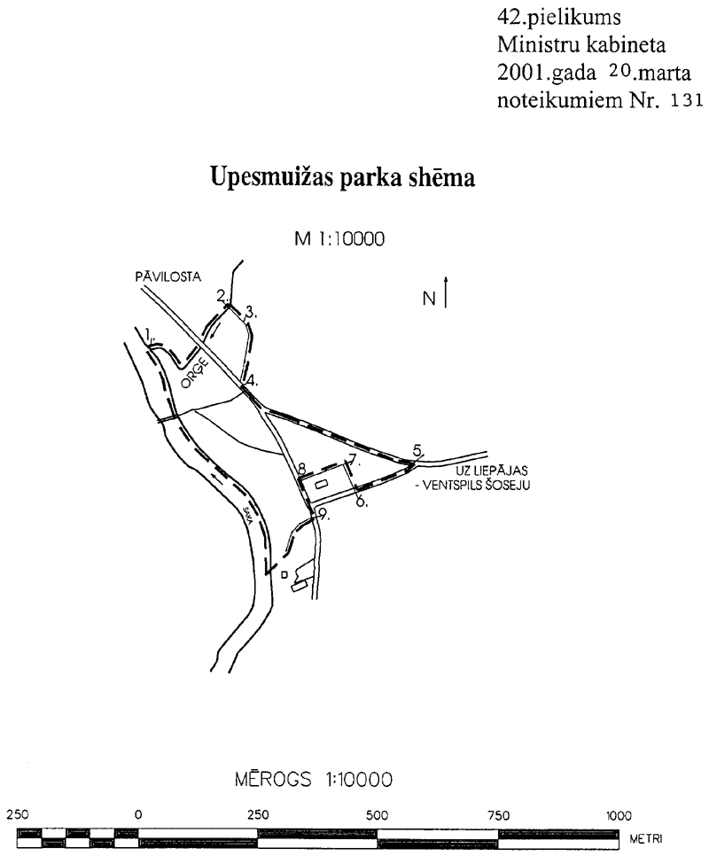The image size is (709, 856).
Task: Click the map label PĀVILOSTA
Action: pos(168,276)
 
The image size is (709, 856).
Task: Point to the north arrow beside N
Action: pos(446,292)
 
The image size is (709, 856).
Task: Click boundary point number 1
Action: pos(149,334)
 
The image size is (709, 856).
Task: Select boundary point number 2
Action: pos(221,296)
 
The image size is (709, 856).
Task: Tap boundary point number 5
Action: pos(418,451)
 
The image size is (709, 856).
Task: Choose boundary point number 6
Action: pos(362,501)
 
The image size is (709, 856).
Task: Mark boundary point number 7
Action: pos(354,459)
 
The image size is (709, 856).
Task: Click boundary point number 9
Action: pos(324,514)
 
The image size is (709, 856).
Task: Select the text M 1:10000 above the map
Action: pos(339,238)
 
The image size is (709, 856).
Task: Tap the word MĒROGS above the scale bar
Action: pos(273,779)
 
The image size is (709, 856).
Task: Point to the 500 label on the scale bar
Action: pos(378,815)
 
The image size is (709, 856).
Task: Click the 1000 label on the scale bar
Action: pos(619,815)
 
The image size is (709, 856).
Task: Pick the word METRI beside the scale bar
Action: pos(646,839)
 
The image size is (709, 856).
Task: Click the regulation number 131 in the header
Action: pos(687,101)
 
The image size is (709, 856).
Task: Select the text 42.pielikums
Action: pos(559,18)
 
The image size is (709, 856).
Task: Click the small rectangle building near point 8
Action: pos(323,483)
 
